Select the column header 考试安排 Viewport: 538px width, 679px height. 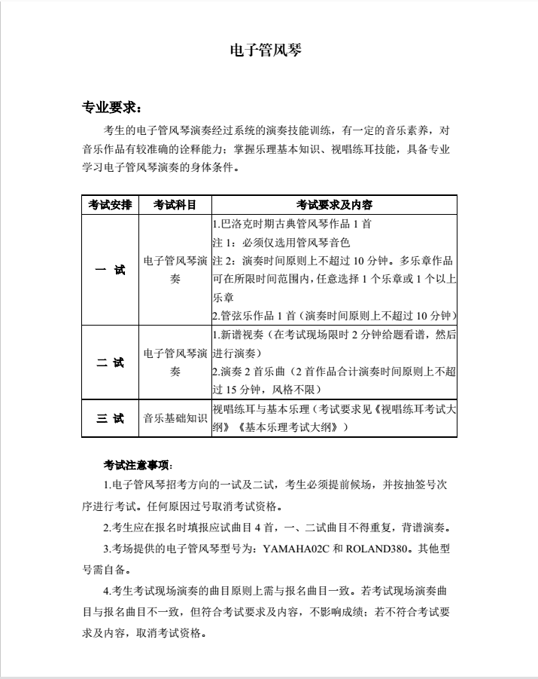coord(110,205)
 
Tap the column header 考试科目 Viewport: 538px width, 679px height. coord(175,205)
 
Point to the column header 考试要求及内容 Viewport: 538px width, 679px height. coord(335,205)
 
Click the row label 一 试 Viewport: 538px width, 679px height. coord(110,270)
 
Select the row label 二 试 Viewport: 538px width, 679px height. coord(110,362)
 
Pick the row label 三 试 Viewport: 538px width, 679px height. coord(110,417)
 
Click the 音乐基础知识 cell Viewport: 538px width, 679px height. coord(175,417)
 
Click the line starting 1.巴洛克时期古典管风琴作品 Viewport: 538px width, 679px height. coord(292,224)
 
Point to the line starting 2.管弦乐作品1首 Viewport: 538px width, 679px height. coord(334,315)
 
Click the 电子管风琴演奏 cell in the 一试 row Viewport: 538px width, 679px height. coord(175,270)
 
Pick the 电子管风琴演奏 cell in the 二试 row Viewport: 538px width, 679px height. coord(175,362)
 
